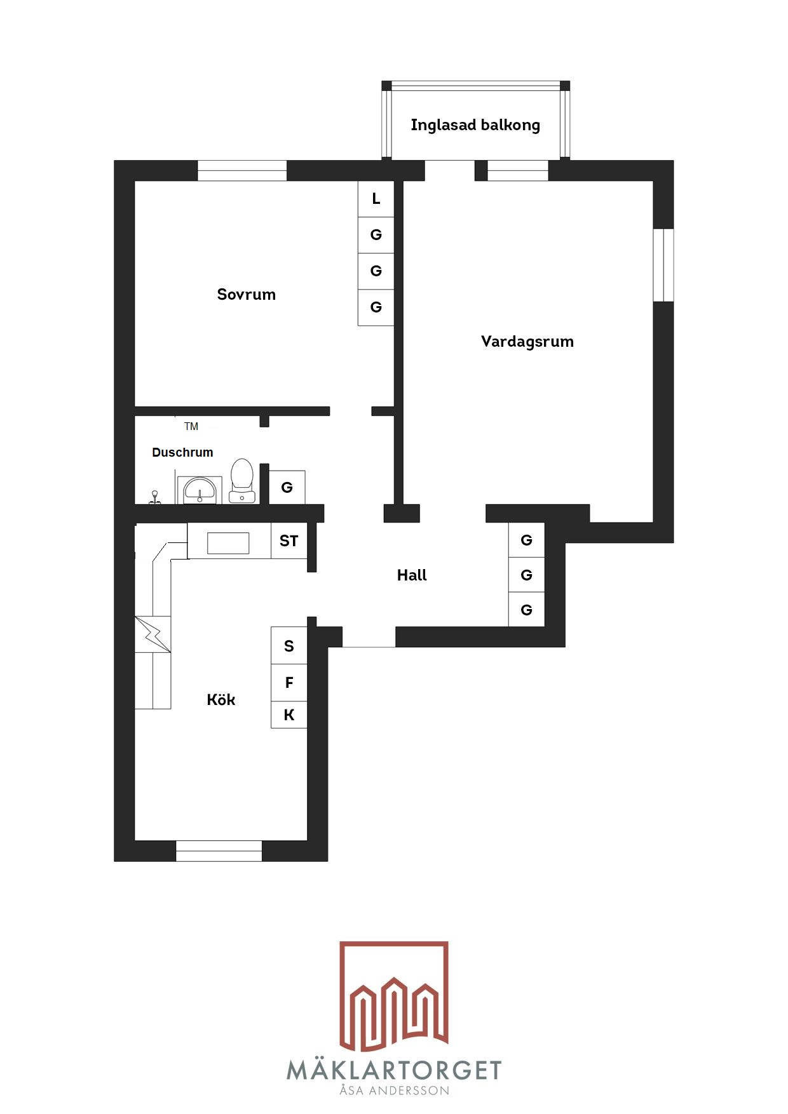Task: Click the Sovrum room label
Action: click(x=247, y=294)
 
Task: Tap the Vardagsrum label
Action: click(x=527, y=342)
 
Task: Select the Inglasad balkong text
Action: click(x=475, y=125)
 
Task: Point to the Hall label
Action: click(x=412, y=575)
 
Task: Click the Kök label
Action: click(x=221, y=699)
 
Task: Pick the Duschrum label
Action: click(x=182, y=452)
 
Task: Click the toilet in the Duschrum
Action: click(x=242, y=481)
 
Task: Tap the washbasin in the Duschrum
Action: click(x=200, y=490)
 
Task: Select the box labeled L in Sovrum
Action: click(x=376, y=199)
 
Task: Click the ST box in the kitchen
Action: click(x=289, y=540)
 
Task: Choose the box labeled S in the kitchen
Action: click(x=289, y=646)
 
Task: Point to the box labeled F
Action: click(x=289, y=683)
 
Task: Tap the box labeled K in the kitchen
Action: click(x=289, y=715)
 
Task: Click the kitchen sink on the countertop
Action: click(x=228, y=543)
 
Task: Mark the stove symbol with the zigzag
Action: click(x=153, y=634)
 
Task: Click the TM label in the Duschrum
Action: click(x=191, y=426)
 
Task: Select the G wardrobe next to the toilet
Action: click(x=287, y=487)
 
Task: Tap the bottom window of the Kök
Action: click(x=219, y=851)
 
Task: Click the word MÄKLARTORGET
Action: click(x=394, y=1070)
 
